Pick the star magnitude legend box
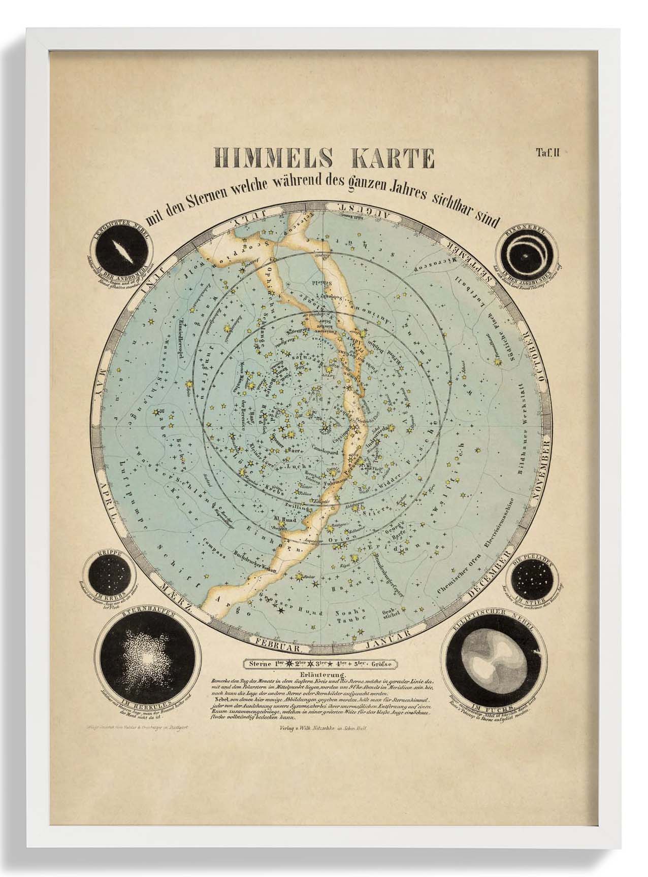tap(319, 663)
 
